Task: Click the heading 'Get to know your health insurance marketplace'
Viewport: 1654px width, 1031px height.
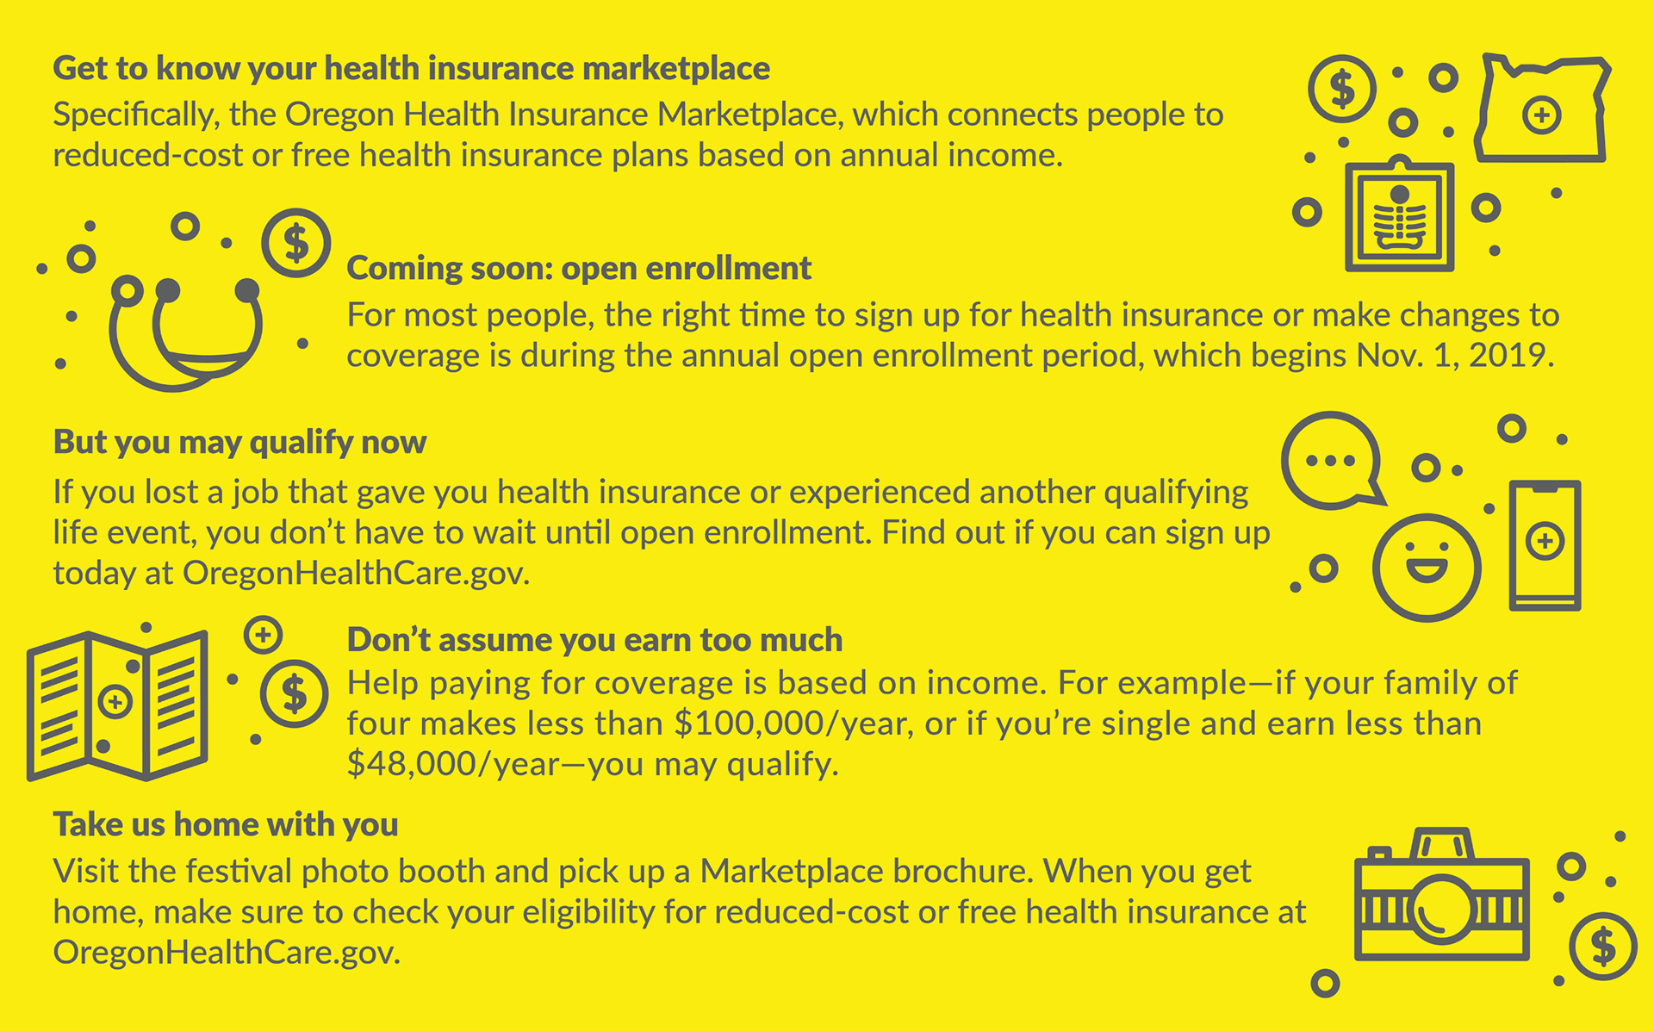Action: coord(412,69)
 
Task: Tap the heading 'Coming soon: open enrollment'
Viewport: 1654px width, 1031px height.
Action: coord(579,269)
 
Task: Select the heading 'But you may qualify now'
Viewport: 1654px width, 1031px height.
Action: coord(239,443)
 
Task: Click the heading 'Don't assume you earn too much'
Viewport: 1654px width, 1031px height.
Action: coord(594,640)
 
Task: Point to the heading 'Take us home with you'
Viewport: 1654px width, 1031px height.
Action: coord(226,825)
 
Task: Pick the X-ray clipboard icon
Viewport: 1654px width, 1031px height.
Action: coord(1400,263)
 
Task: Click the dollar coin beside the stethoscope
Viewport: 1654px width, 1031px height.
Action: coord(296,243)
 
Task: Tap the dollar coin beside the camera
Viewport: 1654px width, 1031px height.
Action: coord(1603,947)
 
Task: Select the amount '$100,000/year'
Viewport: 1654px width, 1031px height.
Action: coord(793,724)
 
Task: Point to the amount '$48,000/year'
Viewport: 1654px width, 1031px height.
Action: coord(453,765)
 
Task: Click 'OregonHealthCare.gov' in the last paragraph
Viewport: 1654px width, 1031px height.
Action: coord(227,953)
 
